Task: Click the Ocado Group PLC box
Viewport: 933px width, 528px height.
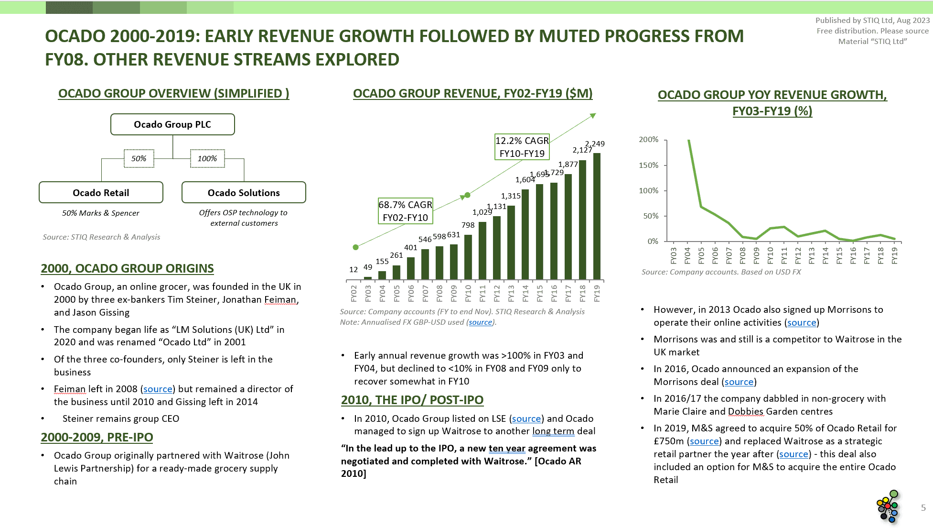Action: (x=172, y=124)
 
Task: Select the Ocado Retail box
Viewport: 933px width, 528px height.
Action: (x=101, y=193)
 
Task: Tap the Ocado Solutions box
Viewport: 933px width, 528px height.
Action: (x=244, y=193)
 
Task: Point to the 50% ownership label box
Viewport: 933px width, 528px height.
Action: (x=139, y=159)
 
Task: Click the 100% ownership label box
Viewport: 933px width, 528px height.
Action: (x=207, y=159)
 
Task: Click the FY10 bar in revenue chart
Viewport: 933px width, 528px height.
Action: (x=468, y=257)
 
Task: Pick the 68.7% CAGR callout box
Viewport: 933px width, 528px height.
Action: (x=405, y=211)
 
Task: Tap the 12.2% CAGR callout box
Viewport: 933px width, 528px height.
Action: (x=522, y=147)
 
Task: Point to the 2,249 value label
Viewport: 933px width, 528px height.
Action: (x=595, y=143)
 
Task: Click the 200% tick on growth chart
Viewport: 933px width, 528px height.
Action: (x=648, y=140)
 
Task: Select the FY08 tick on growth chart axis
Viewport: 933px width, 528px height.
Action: (x=742, y=255)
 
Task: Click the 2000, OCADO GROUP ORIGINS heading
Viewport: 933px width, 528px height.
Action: (x=127, y=268)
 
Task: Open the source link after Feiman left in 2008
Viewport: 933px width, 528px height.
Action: (x=158, y=389)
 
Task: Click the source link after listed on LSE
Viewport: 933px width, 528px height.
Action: (x=526, y=419)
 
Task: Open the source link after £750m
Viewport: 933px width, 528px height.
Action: (x=704, y=441)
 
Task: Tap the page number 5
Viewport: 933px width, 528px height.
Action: (x=923, y=508)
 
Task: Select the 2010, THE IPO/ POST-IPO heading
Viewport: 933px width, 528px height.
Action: (x=412, y=400)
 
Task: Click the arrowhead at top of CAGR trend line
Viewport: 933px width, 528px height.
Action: (x=593, y=116)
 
